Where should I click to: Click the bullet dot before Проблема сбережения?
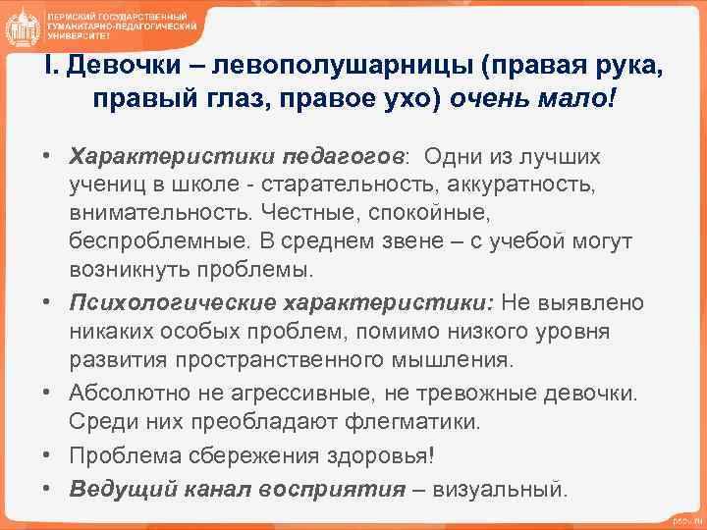click(46, 456)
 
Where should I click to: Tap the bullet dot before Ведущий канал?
click(46, 488)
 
